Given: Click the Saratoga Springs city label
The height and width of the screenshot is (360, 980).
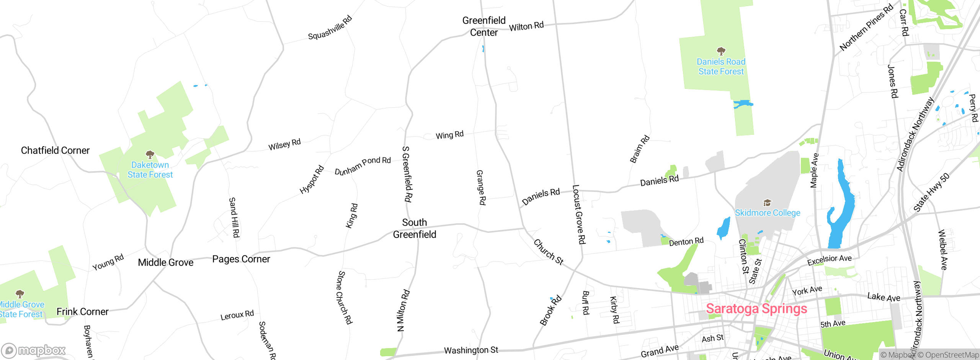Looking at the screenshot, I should (756, 309).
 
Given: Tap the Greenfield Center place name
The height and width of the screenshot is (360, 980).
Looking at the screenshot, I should (484, 26).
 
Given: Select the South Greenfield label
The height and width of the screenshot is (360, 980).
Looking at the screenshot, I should (415, 228).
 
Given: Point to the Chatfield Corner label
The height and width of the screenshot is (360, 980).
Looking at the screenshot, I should (55, 151).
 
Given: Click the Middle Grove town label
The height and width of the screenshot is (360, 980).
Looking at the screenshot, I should (165, 263).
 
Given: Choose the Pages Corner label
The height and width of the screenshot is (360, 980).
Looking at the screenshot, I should (241, 259).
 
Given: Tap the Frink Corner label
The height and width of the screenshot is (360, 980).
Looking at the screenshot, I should (82, 312).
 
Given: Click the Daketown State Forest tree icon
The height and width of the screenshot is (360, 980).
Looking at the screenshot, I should (150, 154).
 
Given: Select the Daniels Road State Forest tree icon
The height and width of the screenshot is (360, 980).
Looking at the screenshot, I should (721, 51).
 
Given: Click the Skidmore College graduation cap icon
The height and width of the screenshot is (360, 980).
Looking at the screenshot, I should (767, 202).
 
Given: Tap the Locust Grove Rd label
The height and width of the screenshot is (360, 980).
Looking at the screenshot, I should (578, 214).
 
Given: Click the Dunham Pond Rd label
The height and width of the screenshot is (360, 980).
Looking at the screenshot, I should (363, 165).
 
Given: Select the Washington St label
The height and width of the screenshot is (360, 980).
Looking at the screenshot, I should (471, 350).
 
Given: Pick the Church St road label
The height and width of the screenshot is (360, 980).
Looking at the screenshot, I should (549, 252).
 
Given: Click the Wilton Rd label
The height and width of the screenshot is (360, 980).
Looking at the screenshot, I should (526, 26).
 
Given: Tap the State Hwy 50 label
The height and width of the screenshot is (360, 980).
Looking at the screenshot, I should (931, 192).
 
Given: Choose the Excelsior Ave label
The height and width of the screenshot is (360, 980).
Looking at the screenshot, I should (829, 260).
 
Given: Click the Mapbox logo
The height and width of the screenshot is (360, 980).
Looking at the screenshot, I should (34, 350).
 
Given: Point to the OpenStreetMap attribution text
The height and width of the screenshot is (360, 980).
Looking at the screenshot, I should (952, 355).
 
